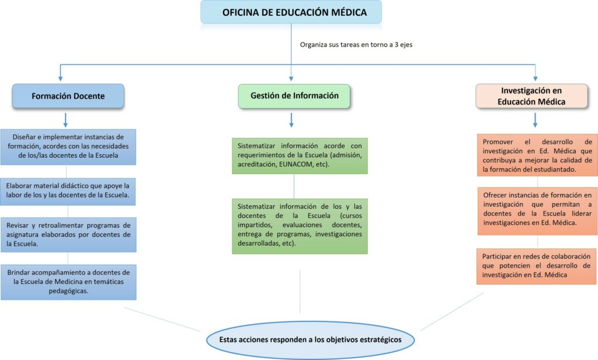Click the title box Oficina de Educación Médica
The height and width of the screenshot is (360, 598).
click(x=291, y=12)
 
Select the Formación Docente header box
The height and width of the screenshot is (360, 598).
click(x=68, y=96)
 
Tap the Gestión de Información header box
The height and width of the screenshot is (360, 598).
click(x=294, y=96)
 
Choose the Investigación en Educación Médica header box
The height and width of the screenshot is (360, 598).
click(x=531, y=96)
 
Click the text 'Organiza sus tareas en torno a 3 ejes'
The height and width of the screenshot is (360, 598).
click(x=356, y=44)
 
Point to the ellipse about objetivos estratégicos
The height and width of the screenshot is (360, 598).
click(x=310, y=340)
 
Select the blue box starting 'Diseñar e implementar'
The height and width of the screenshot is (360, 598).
click(x=68, y=146)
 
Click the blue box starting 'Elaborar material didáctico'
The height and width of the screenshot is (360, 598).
click(x=68, y=191)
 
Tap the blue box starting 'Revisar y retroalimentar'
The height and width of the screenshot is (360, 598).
click(x=68, y=234)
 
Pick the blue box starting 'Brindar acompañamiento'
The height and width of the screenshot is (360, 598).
click(x=68, y=282)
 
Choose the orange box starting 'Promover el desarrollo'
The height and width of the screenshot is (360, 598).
click(x=537, y=155)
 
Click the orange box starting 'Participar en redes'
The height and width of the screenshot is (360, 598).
click(x=537, y=266)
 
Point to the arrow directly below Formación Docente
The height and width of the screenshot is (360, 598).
click(x=65, y=120)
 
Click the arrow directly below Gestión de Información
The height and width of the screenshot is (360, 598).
click(x=291, y=120)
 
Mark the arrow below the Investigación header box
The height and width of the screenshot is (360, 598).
click(x=535, y=120)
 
